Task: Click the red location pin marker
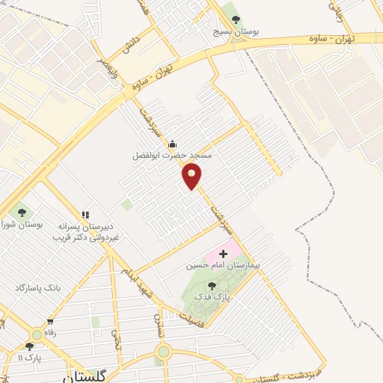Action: [x=192, y=176]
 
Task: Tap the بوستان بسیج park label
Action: [x=236, y=33]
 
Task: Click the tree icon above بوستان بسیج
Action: [x=236, y=20]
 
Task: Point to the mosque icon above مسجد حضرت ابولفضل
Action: [x=173, y=144]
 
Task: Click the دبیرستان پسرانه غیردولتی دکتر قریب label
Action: [x=85, y=232]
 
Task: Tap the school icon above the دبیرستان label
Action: [x=85, y=215]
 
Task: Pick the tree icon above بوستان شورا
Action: [x=21, y=212]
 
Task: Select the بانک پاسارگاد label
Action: [x=37, y=287]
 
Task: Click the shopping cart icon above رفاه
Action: [x=50, y=322]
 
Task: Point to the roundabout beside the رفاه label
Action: [x=36, y=336]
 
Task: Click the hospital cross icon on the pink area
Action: [x=223, y=254]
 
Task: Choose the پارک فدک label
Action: [x=211, y=297]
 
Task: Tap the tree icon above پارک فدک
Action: [x=212, y=285]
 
